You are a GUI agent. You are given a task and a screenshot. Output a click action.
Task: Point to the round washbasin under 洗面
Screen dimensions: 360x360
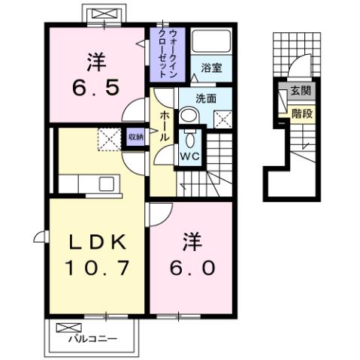coord(189,115)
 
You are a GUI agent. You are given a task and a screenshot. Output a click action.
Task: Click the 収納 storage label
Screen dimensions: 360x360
coord(135,137)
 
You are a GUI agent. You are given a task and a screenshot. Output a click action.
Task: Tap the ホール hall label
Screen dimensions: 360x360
coord(163,129)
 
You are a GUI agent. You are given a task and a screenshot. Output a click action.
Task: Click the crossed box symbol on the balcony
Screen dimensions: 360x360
coord(66,328)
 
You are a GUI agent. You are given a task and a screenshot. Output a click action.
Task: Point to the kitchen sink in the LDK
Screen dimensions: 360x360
coord(106,184)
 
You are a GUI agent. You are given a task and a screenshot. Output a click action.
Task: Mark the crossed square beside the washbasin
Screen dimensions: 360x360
coord(222,116)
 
